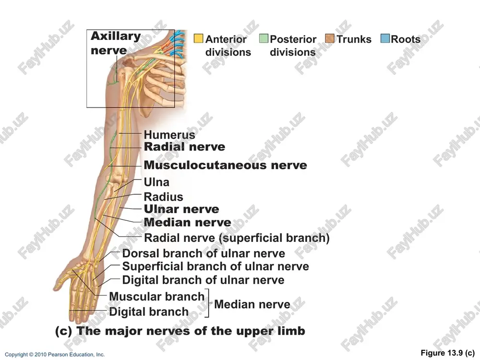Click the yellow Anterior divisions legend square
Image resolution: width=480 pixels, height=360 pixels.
(198, 38)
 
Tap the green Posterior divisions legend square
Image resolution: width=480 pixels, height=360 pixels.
(264, 38)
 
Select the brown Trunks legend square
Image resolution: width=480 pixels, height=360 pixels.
(330, 38)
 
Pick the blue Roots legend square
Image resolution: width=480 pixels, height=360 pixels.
(385, 38)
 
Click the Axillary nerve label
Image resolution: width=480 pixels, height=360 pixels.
(116, 43)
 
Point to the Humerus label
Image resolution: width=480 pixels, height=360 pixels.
(169, 134)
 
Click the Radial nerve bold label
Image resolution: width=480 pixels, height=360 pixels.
(185, 146)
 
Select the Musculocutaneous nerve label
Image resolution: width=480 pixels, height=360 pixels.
(225, 165)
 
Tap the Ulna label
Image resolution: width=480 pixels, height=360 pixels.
(156, 182)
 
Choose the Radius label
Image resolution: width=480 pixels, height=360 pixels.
(164, 196)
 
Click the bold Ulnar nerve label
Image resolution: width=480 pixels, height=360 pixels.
(181, 209)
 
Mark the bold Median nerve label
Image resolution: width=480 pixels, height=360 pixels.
(187, 222)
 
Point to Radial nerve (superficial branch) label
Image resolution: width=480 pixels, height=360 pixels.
(237, 238)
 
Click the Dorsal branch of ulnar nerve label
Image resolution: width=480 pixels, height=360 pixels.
(204, 253)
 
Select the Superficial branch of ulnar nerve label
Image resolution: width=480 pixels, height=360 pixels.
(216, 266)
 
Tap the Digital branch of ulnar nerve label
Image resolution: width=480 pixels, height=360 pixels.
(203, 280)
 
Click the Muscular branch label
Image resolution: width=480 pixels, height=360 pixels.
(157, 296)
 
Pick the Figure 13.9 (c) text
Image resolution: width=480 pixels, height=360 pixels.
(447, 353)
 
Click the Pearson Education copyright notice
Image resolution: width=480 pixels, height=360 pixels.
(55, 355)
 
